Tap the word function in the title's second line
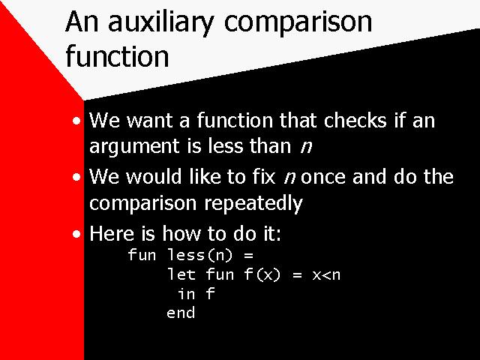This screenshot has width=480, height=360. coord(117,56)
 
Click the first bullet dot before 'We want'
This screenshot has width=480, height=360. coord(76,121)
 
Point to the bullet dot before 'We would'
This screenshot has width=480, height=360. coord(76,178)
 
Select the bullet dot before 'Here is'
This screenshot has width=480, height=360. coord(76,235)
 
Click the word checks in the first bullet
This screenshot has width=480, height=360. coord(355,120)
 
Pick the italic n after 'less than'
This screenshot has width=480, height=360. coord(306,147)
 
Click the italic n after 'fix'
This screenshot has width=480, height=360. coord(289,178)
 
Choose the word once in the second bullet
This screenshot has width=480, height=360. coord(323,177)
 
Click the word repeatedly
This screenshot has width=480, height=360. coord(253,204)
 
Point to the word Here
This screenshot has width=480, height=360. coord(112,233)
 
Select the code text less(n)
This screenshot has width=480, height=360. coord(200,255)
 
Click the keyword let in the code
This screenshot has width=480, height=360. coord(181,274)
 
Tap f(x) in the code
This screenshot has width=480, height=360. coord(262,274)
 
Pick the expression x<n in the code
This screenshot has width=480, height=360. coord(326,275)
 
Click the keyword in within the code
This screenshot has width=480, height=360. coord(187,294)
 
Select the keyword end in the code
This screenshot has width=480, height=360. coord(181,313)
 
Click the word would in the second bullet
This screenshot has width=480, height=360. coord(154,177)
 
